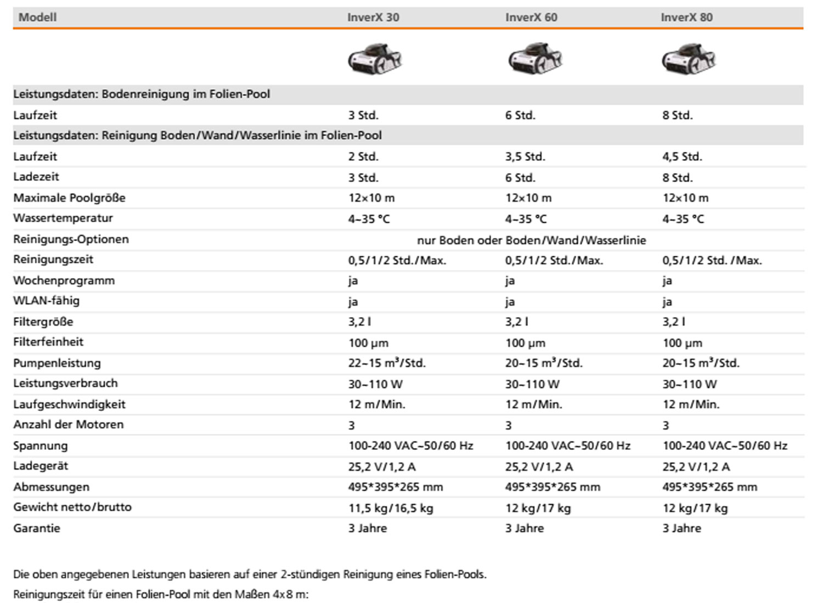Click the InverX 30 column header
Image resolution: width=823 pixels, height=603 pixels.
(x=373, y=17)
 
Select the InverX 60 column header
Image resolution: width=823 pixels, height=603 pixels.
(x=531, y=17)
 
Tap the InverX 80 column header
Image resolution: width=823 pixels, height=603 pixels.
(x=686, y=17)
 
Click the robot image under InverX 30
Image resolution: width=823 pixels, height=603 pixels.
(x=375, y=58)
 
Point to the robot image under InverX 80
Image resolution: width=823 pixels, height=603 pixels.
(x=689, y=58)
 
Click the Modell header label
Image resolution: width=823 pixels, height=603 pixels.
(x=37, y=17)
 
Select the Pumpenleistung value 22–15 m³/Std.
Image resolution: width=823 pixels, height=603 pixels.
(x=387, y=363)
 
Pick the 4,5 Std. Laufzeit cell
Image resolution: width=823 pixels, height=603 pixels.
(x=682, y=156)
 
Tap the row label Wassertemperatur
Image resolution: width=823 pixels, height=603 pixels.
(x=63, y=218)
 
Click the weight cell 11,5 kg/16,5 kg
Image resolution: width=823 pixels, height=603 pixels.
(x=391, y=508)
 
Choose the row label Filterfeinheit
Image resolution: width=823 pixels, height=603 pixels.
(x=48, y=342)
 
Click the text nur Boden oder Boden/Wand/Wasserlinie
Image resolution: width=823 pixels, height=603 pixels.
(x=531, y=240)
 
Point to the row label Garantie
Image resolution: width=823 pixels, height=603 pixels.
(x=37, y=528)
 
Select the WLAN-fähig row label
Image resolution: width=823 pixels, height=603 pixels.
(x=46, y=301)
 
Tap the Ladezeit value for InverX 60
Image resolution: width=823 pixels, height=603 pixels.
(x=520, y=177)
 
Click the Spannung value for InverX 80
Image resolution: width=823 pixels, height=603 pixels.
(x=725, y=446)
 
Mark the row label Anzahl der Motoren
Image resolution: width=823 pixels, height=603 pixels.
(x=69, y=424)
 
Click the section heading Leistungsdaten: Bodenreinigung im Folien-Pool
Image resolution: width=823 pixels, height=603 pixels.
(x=142, y=94)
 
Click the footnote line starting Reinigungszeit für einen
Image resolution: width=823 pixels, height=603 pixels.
(x=161, y=594)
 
